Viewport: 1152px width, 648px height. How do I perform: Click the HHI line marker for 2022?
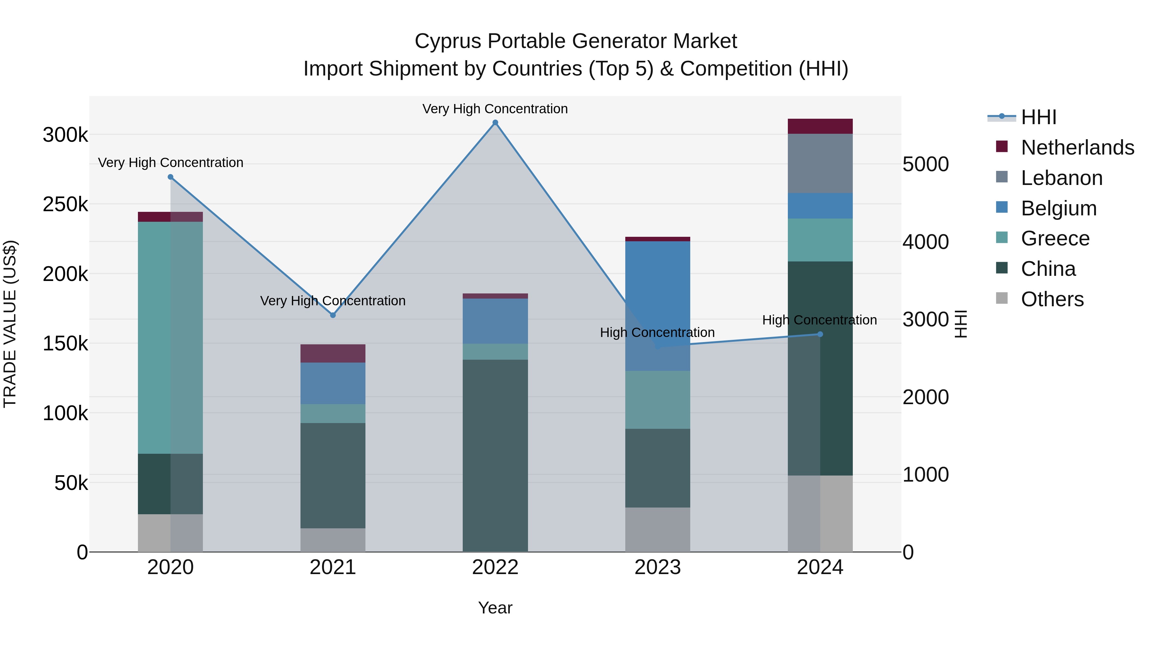495,123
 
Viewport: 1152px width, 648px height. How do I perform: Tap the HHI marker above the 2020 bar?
170,177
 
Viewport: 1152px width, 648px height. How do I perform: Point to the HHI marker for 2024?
820,334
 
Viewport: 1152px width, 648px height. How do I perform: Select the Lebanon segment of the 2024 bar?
820,163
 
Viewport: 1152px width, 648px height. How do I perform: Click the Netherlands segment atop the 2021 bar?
333,353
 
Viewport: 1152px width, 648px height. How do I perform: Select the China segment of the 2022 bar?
495,455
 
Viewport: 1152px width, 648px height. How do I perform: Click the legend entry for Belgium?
1059,208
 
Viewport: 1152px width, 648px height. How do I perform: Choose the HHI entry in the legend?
1038,117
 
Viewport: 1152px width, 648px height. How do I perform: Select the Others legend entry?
1052,299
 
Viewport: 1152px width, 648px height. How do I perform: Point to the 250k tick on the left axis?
65,205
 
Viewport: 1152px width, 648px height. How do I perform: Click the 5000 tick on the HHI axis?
925,164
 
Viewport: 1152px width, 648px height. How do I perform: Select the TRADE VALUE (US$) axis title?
10,324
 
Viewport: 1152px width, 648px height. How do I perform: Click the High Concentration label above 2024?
819,320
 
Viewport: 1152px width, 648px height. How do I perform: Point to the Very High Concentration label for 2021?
333,301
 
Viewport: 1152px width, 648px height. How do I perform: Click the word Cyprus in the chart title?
448,41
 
